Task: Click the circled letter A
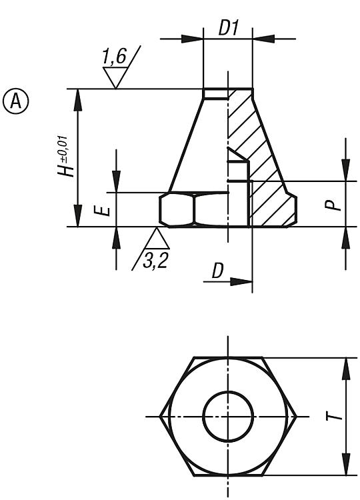[15, 101]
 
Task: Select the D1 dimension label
[228, 28]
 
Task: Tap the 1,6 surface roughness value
[114, 57]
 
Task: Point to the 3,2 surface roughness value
[155, 260]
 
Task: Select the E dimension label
[103, 211]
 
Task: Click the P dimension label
[333, 205]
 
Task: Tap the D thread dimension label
[217, 271]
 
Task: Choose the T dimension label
[334, 417]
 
